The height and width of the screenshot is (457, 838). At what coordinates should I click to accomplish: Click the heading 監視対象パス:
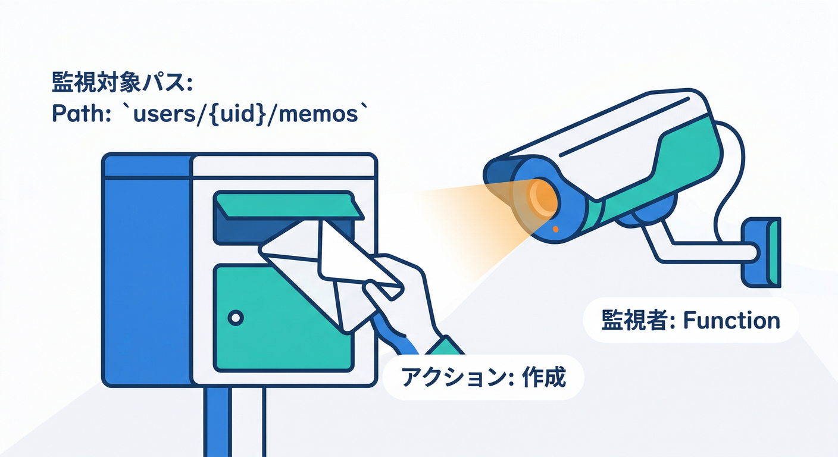pos(122,83)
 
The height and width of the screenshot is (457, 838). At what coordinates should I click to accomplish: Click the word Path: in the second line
pos(79,114)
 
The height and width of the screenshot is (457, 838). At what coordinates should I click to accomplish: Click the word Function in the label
pos(731,321)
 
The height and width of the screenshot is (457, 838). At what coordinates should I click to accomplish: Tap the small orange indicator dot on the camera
pos(555,228)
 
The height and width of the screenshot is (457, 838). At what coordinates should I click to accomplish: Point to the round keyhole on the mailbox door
pos(236,318)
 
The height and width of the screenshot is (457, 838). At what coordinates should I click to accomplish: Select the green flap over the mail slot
pos(289,206)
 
